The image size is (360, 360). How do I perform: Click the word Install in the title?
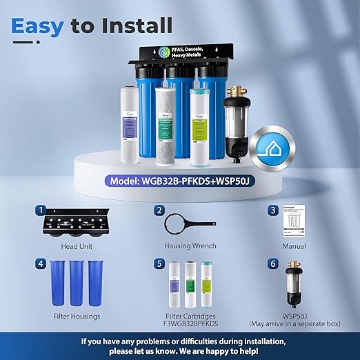136,26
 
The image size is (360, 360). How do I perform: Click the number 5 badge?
159,262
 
